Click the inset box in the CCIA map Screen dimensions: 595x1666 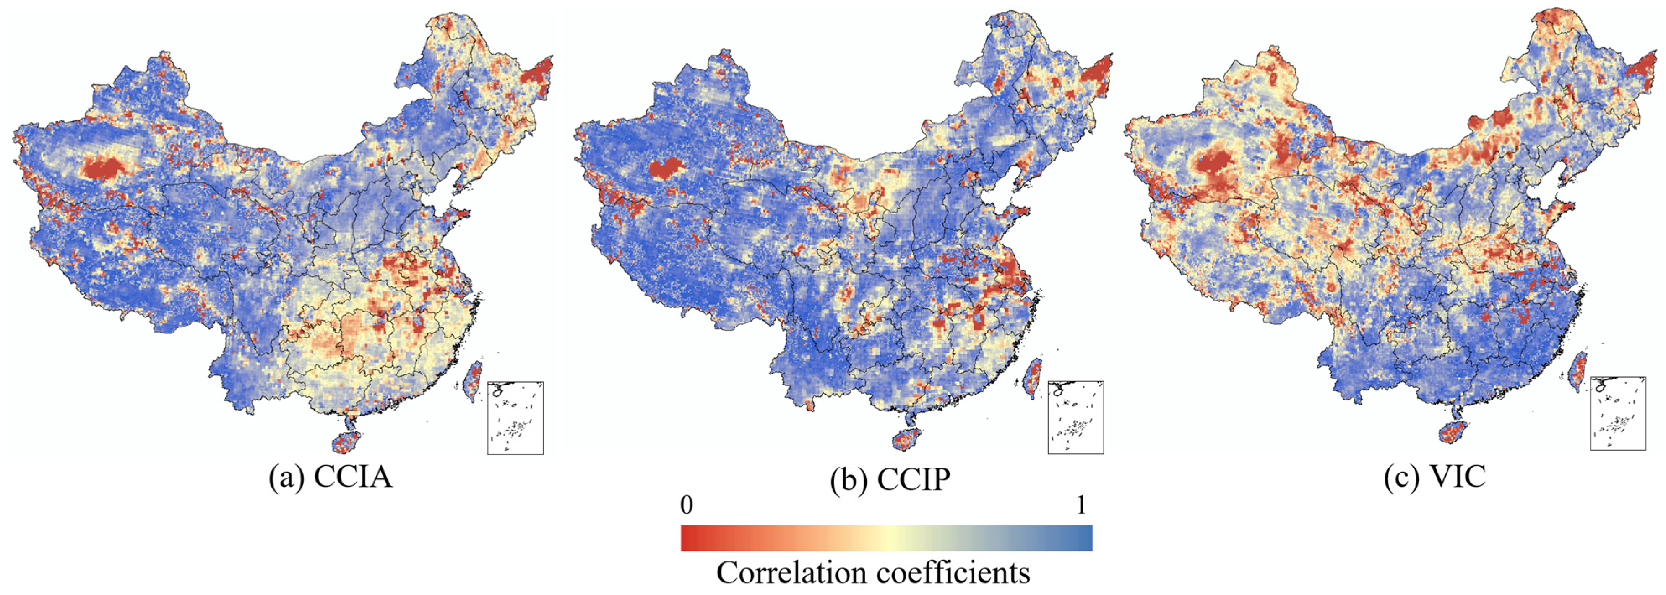pos(515,418)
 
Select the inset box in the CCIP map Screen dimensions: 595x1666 pos(1075,417)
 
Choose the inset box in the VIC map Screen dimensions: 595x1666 pos(1617,413)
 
